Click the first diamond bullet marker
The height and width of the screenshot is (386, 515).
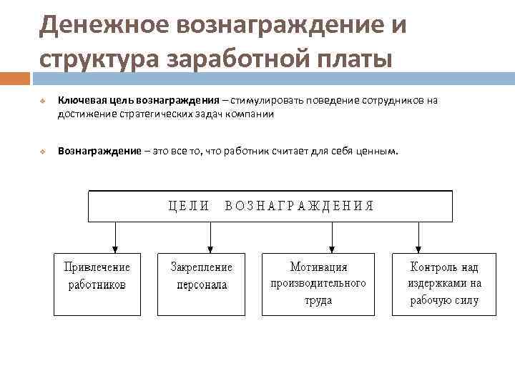pos(43,102)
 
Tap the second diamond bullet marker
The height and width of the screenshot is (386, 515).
pos(43,152)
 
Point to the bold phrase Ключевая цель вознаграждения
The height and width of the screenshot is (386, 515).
pos(138,101)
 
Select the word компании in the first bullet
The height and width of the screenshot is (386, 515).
pos(250,113)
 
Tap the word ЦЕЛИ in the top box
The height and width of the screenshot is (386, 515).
pos(188,206)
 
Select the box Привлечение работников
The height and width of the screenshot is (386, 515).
pos(97,284)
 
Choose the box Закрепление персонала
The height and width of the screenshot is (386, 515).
pos(202,284)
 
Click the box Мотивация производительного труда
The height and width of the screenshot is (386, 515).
pos(318,284)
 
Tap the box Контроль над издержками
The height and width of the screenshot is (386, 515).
pos(444,284)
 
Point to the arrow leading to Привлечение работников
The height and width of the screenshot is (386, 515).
pos(114,236)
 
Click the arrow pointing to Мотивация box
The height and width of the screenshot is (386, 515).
pos(332,236)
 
